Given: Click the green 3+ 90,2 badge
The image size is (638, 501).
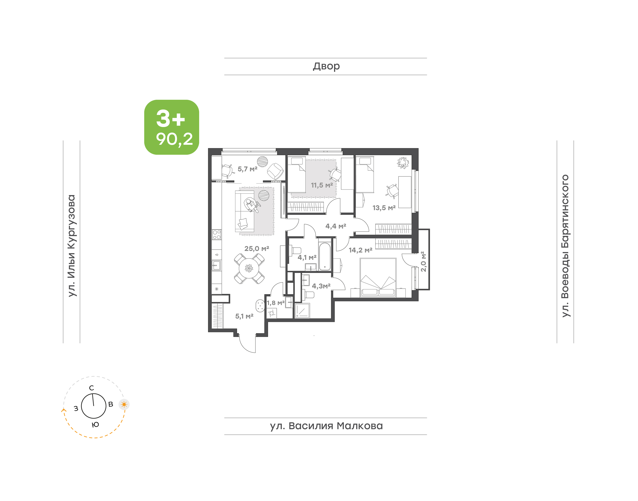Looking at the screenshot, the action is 171,127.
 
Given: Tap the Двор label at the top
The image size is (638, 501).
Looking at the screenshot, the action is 326,67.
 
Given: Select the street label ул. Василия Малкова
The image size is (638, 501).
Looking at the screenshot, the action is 326,426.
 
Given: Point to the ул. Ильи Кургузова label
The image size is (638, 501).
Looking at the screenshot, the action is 72,246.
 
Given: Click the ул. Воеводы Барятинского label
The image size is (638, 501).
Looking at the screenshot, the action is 565,246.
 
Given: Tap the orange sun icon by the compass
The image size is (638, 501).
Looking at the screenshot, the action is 124,405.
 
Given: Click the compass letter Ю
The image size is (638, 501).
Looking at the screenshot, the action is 95,425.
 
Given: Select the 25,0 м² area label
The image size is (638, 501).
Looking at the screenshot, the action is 257,249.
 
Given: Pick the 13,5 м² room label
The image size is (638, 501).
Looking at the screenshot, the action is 384,208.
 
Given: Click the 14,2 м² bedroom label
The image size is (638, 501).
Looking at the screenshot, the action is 360,250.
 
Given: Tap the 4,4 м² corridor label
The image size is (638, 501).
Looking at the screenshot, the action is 336,226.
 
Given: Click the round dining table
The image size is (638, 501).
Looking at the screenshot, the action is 249,268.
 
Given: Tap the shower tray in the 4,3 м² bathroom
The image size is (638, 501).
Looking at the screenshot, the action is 302,311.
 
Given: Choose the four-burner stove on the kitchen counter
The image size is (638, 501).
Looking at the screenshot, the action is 217,235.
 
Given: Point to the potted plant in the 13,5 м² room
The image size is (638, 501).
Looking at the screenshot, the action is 403,163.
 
